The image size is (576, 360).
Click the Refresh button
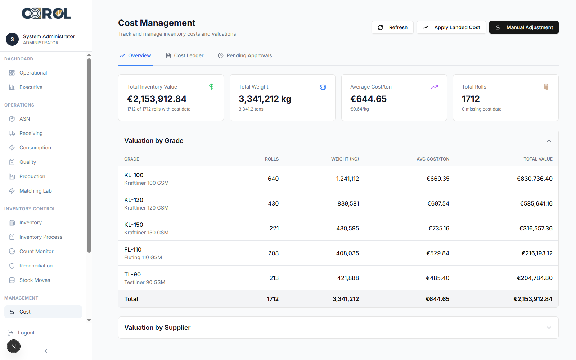(392, 27)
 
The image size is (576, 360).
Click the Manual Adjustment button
(524, 27)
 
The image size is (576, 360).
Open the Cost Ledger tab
(185, 55)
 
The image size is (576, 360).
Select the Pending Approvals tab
(245, 55)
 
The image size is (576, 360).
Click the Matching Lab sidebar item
(35, 191)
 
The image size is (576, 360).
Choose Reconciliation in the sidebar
(36, 266)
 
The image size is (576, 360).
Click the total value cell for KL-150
(536, 228)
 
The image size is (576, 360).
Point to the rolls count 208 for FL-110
(273, 253)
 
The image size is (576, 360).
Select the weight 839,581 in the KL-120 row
(348, 203)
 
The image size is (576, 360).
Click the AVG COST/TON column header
(433, 159)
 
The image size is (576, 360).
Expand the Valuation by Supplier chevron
(549, 328)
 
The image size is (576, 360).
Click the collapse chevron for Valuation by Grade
(549, 141)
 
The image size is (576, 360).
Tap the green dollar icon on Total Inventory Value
(211, 87)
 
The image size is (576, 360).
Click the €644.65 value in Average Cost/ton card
(368, 99)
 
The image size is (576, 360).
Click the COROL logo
(46, 14)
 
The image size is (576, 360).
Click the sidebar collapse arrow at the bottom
(46, 351)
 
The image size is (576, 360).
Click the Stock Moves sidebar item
(35, 280)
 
